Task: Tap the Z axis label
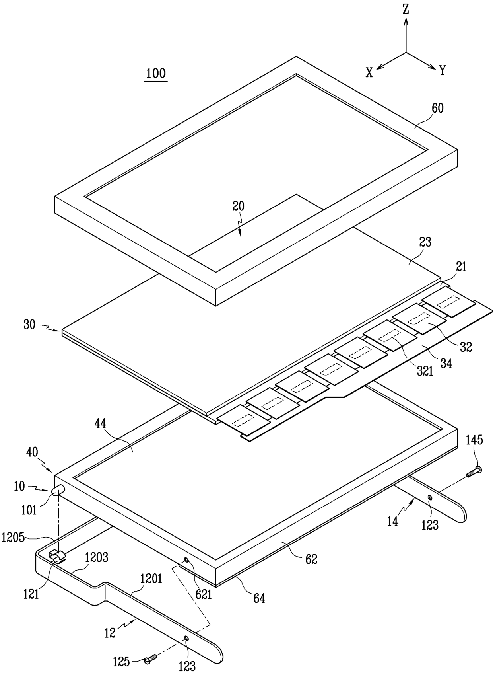[x=406, y=10]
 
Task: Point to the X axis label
[x=369, y=72]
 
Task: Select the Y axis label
[x=443, y=71]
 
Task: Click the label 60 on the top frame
[x=437, y=108]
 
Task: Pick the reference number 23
[x=425, y=242]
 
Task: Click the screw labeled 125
[x=149, y=659]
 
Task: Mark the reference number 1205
[x=13, y=538]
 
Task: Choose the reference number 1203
[x=97, y=557]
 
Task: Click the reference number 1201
[x=151, y=579]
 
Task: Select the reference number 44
[x=100, y=424]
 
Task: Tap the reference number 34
[x=446, y=363]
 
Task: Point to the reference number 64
[x=259, y=598]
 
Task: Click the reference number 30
[x=29, y=325]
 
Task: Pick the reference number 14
[x=392, y=521]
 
